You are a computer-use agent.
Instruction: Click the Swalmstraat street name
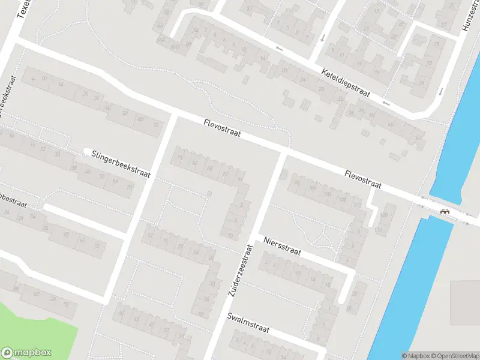click(x=248, y=323)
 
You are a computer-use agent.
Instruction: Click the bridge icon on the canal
click(x=445, y=211)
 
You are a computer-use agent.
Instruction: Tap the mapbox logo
click(x=26, y=353)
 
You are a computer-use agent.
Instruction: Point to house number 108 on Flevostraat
click(x=342, y=199)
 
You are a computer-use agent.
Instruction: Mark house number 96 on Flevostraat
click(x=296, y=182)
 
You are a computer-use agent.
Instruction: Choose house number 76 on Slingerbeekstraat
click(x=129, y=188)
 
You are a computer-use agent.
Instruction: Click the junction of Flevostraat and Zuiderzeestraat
click(x=283, y=153)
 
